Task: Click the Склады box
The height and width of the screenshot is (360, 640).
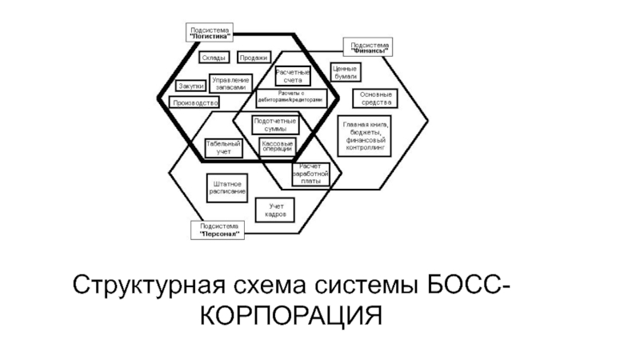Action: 214,58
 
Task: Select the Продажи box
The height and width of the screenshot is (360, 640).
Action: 253,58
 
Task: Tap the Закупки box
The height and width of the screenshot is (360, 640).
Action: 190,86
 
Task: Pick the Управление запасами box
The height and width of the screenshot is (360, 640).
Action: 230,84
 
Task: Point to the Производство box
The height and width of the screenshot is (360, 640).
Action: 194,103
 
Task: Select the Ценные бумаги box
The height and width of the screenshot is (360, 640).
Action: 346,72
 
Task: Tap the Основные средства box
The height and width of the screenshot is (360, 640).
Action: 376,98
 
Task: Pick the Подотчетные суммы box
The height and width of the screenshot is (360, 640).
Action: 275,125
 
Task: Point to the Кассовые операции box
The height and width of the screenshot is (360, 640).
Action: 277,146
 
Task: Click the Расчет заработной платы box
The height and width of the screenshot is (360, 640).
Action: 310,174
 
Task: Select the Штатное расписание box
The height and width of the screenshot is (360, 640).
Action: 227,187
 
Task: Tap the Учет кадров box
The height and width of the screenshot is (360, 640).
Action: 276,211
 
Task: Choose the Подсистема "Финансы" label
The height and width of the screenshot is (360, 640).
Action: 370,47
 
